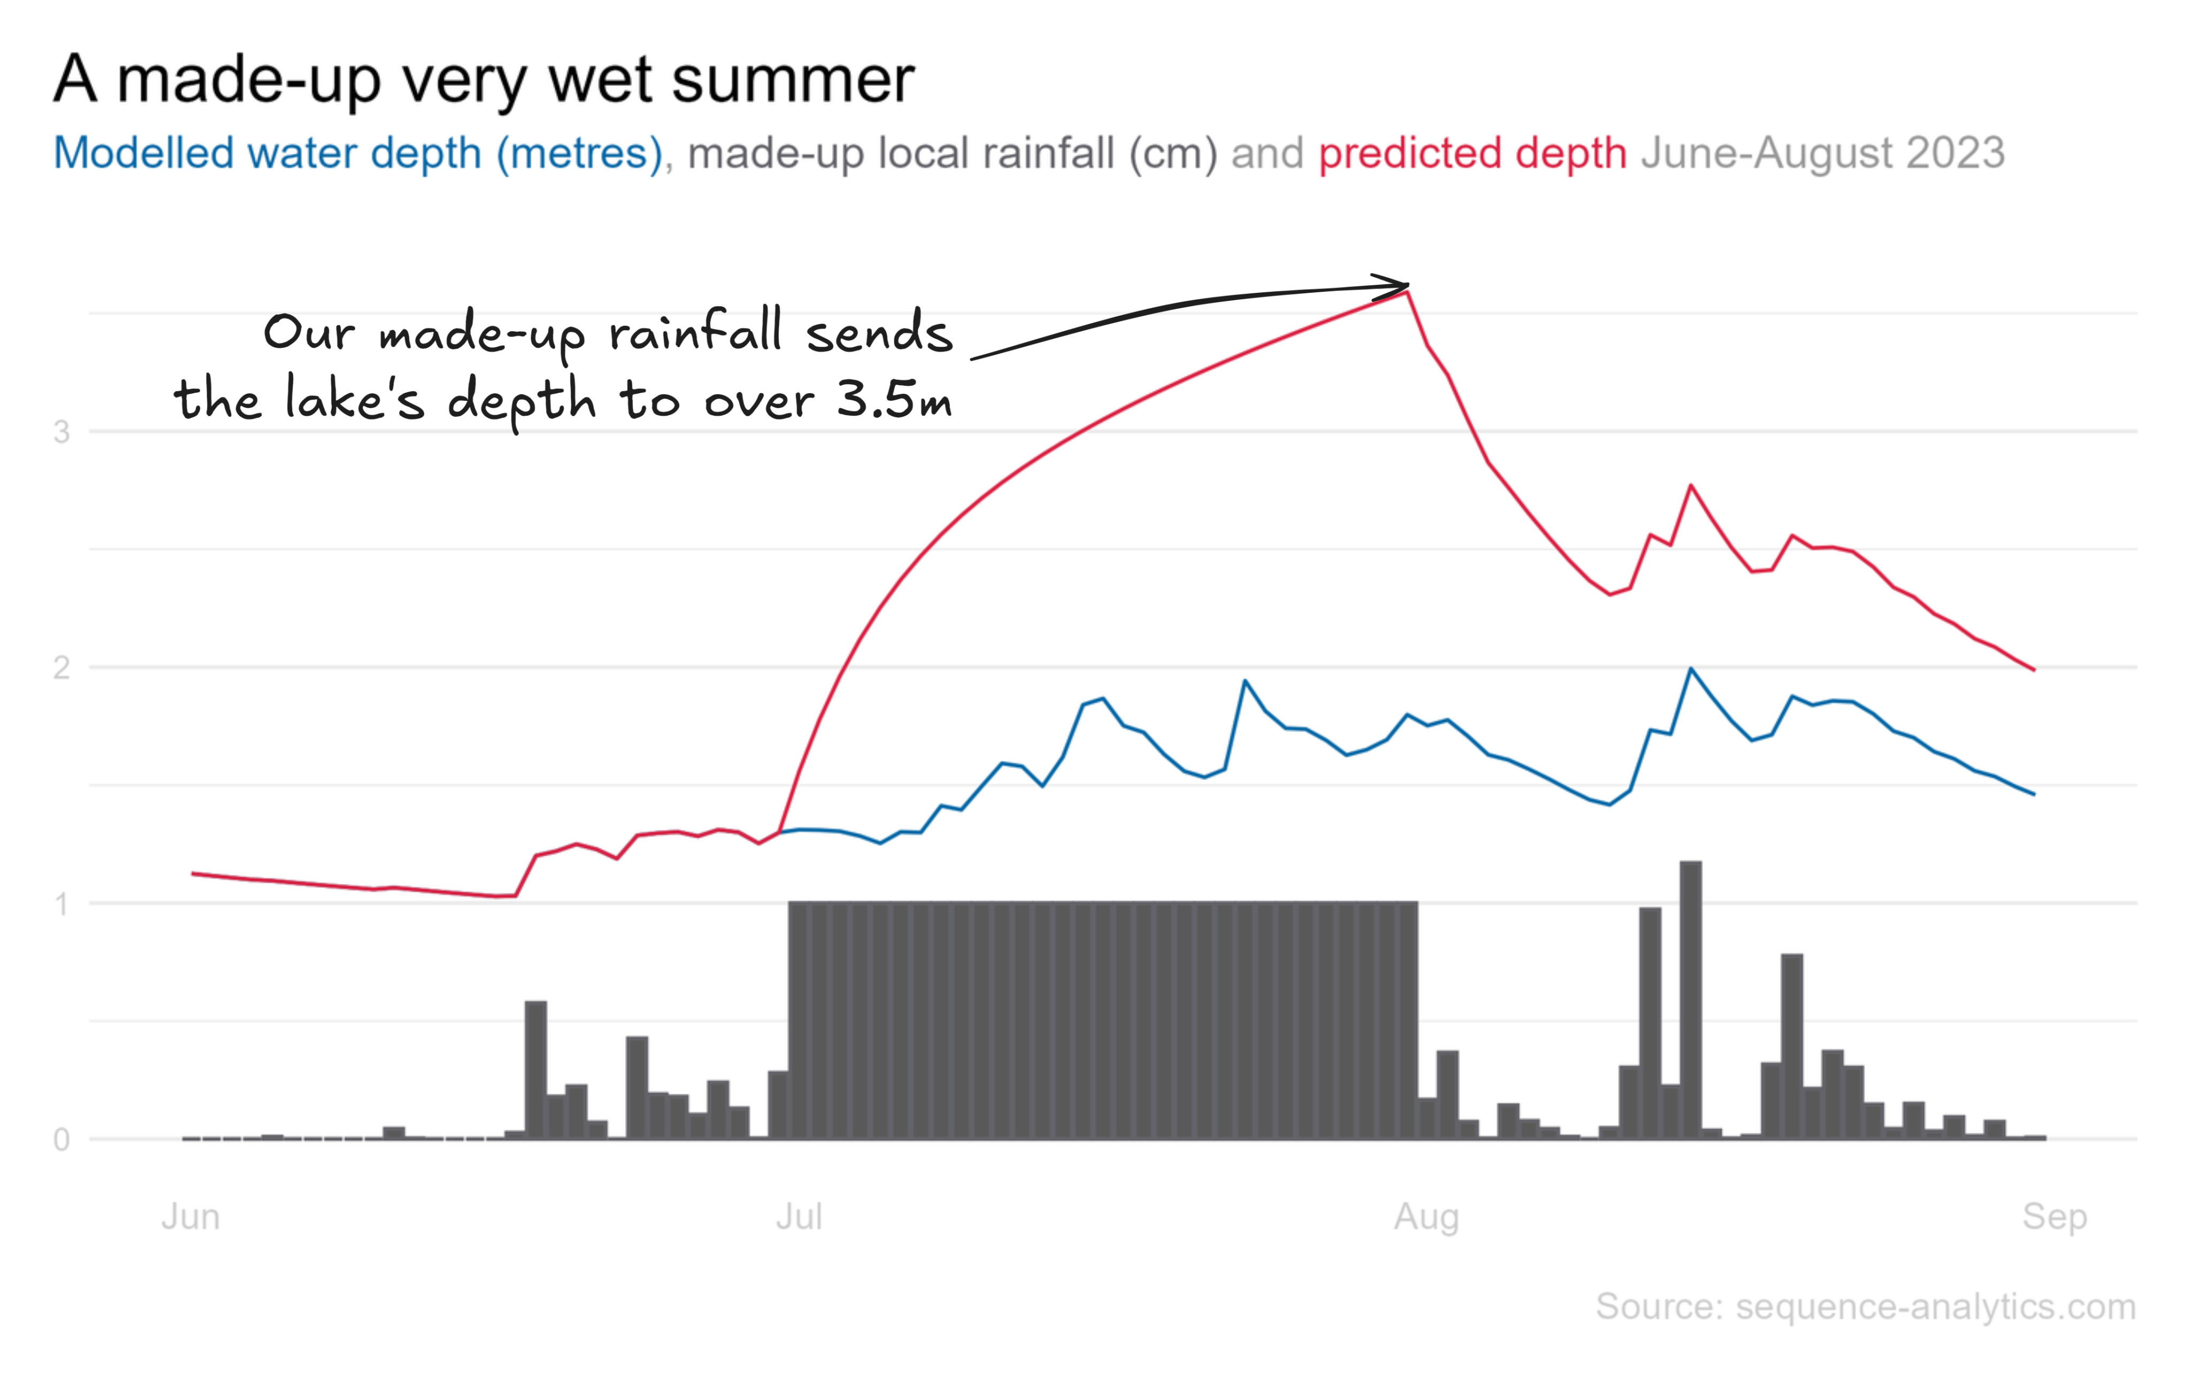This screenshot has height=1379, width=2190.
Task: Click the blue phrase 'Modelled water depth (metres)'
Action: pos(357,153)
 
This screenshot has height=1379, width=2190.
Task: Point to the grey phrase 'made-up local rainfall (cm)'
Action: pos(951,153)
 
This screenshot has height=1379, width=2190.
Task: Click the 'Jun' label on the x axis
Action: pos(190,1216)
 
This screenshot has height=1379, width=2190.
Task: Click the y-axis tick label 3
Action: pos(61,432)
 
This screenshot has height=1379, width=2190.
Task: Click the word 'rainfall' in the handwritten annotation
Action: pos(695,332)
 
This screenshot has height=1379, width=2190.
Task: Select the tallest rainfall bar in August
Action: pos(1691,1000)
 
